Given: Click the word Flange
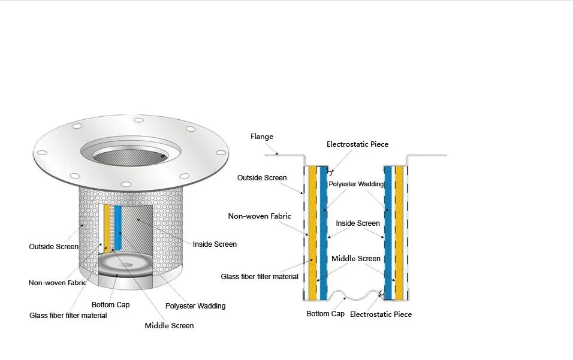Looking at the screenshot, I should click(262, 137).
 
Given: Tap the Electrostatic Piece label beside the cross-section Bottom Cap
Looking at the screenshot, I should click(381, 314).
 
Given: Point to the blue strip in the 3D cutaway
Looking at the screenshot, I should click(118, 228).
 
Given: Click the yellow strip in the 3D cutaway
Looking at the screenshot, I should click(107, 226).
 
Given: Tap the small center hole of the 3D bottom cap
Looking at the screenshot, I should click(129, 265).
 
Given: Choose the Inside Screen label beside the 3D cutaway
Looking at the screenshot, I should click(215, 244).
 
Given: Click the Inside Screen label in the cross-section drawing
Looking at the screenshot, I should click(358, 223).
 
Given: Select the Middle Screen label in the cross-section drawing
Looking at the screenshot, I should click(356, 259).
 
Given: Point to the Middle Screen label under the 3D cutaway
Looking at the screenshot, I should click(169, 326).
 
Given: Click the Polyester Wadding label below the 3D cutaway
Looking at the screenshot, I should click(195, 306).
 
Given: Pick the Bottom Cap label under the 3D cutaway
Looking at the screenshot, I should click(110, 305).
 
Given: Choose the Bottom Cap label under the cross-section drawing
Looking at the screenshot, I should click(325, 314).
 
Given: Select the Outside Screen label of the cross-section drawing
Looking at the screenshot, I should click(262, 178).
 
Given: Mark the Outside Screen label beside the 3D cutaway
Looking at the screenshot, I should click(53, 246).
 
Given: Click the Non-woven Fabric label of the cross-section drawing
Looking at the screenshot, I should click(259, 216).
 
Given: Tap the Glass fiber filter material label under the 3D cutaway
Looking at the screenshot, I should click(68, 316).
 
